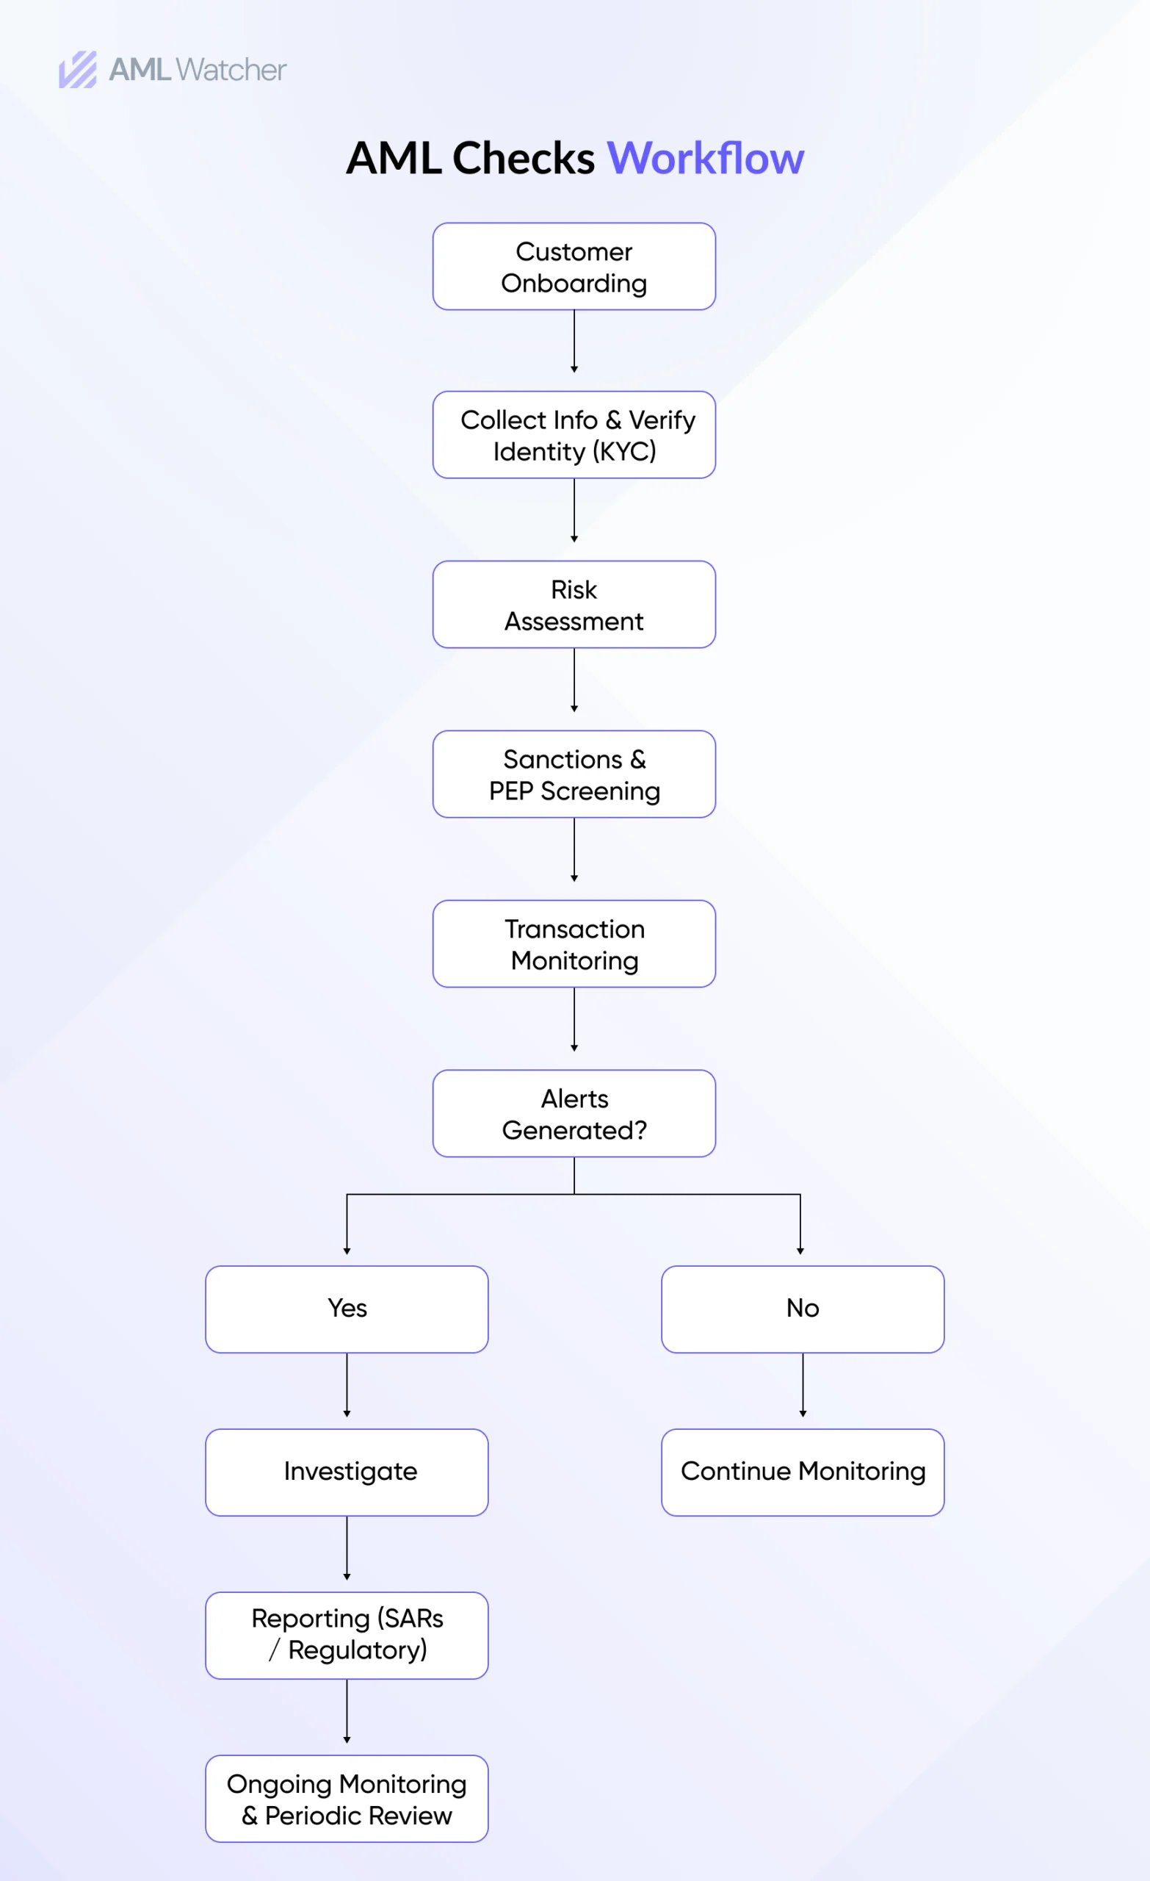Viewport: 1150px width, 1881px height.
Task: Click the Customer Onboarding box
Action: tap(574, 267)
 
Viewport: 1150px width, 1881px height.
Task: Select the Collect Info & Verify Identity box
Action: tap(574, 435)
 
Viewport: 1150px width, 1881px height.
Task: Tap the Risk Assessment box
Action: tap(574, 605)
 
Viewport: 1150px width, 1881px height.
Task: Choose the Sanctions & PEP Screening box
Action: tap(574, 774)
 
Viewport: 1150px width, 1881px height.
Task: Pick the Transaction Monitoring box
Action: tap(574, 943)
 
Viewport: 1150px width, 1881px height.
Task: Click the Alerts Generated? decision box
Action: tap(574, 1113)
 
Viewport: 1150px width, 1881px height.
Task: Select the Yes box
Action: tap(347, 1309)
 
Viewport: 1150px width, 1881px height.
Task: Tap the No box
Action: tap(802, 1309)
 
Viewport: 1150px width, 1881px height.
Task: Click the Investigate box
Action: tap(347, 1472)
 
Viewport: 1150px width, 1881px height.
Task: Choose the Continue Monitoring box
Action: tap(802, 1472)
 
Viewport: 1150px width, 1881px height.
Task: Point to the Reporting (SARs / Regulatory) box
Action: tap(347, 1635)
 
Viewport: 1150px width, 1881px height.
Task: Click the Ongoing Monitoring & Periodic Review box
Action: tap(347, 1799)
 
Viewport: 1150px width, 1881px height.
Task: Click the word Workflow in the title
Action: tap(705, 159)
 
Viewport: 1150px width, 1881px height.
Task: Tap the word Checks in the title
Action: tap(524, 159)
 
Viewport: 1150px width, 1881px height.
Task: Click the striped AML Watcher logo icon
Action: tap(78, 70)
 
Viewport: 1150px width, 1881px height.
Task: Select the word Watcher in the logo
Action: tap(231, 71)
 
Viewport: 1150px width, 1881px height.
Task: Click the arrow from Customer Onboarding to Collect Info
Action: tap(574, 341)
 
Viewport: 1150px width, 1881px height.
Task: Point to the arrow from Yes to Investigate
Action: tap(347, 1385)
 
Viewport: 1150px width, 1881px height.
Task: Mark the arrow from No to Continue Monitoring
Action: tap(802, 1385)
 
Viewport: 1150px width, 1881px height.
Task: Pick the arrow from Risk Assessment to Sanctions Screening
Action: tap(574, 680)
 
